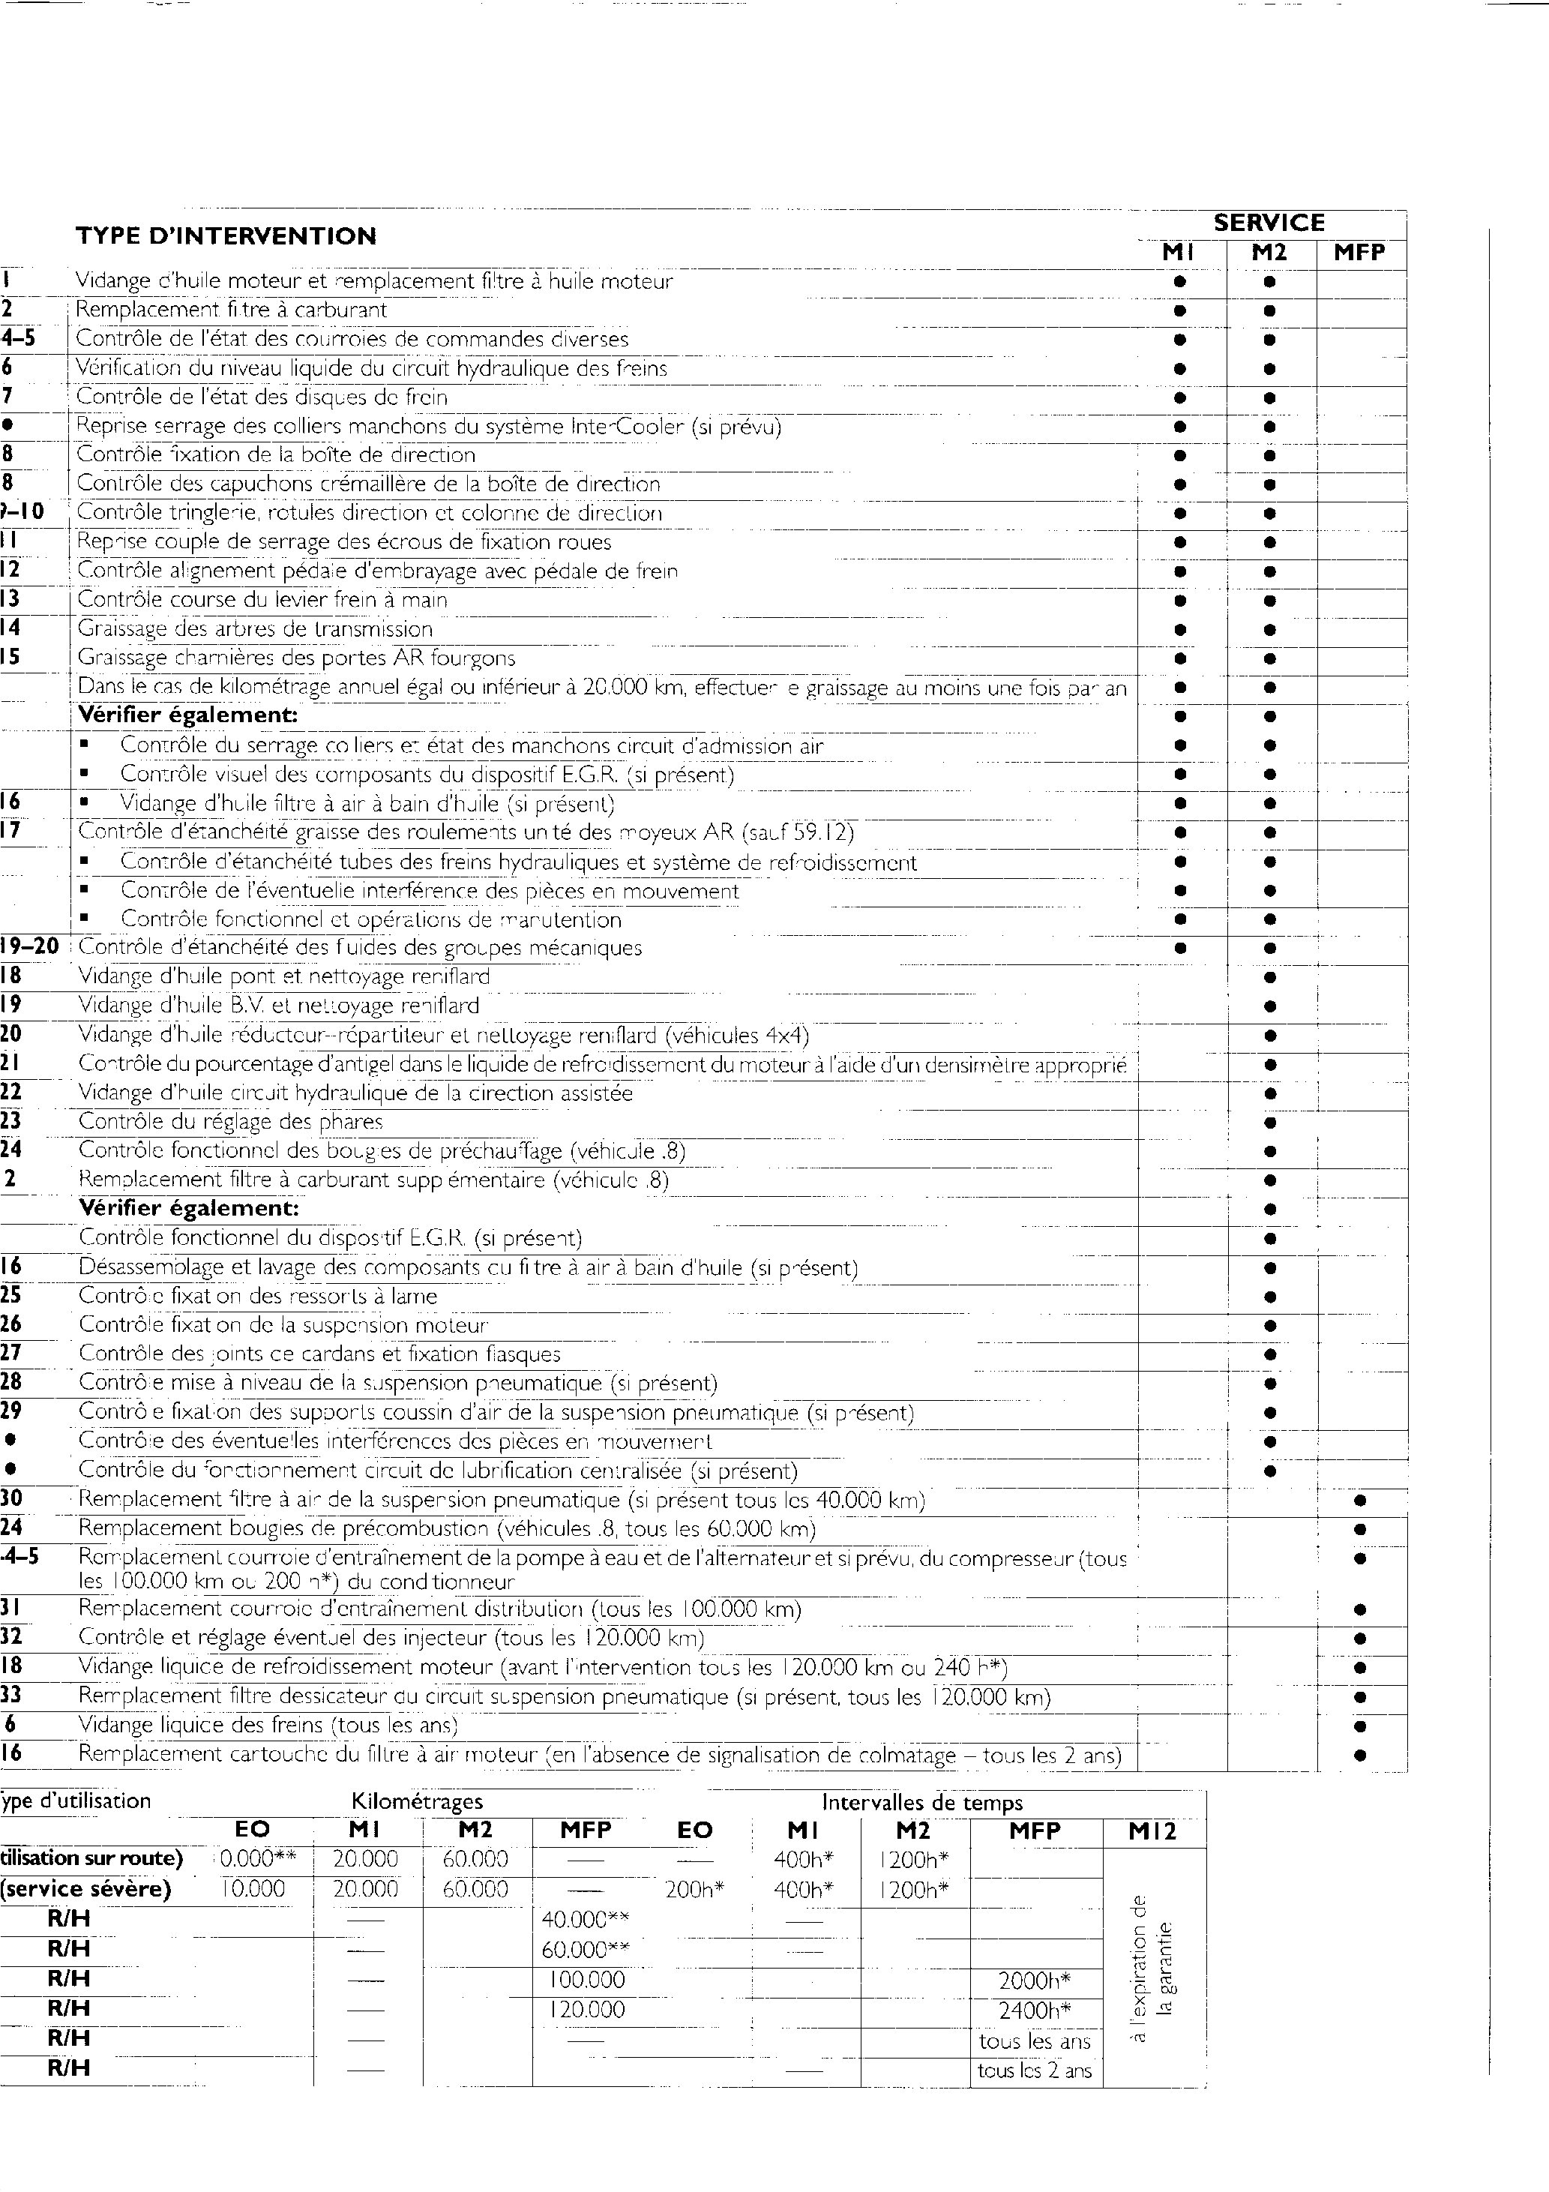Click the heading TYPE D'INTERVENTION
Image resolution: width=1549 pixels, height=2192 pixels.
tap(226, 235)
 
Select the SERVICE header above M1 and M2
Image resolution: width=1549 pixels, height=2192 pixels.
tap(1269, 223)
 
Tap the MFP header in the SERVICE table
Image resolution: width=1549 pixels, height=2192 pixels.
tap(1359, 253)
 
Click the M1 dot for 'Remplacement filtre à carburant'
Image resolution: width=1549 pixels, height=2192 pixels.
tap(1179, 310)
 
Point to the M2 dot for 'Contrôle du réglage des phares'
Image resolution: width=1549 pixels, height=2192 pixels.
tap(1269, 1123)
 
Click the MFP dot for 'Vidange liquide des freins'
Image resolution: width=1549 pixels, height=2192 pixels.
tap(1361, 1726)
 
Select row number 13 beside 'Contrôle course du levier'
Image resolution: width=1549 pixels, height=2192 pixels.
tap(10, 599)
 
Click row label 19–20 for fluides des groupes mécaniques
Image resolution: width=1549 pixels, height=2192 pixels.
tap(29, 947)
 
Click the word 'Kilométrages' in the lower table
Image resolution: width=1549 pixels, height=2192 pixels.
tap(417, 1801)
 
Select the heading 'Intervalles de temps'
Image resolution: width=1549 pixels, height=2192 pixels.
tap(922, 1803)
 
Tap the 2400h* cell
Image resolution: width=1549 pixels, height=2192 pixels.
tap(1035, 2011)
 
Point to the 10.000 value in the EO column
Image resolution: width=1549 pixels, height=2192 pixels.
tap(253, 1889)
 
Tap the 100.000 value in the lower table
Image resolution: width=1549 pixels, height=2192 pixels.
tap(587, 1980)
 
